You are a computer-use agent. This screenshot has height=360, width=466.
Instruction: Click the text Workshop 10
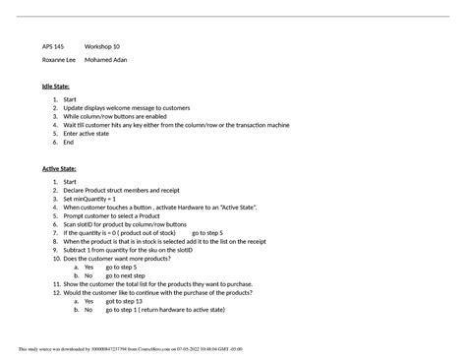102,46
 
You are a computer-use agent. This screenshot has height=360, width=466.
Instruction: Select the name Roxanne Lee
59,60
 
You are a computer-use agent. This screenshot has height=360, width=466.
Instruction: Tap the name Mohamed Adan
106,60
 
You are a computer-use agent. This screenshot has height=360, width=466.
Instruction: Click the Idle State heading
55,87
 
